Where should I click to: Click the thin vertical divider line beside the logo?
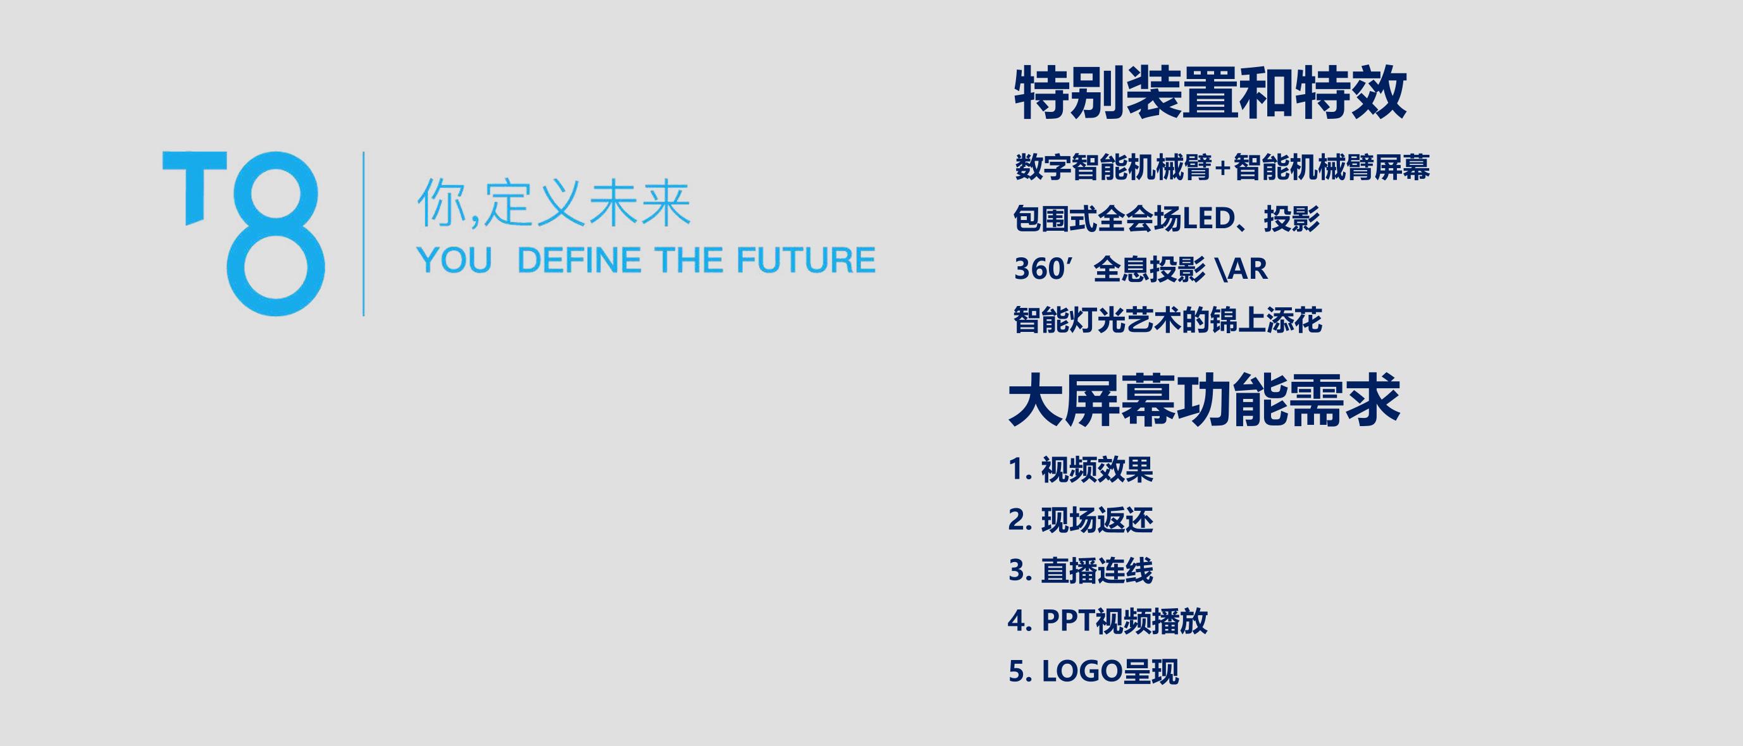coord(364,233)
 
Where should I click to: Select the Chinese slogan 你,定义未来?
coord(554,203)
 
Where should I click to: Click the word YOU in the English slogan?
coord(454,260)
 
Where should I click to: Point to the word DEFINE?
coord(578,260)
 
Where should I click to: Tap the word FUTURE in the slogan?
coord(806,260)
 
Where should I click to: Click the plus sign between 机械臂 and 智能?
coord(1221,168)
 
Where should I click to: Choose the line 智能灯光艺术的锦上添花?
coord(1168,320)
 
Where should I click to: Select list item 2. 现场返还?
coord(1081,520)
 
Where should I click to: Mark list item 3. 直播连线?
coord(1081,571)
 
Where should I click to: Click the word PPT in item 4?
coord(1068,621)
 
